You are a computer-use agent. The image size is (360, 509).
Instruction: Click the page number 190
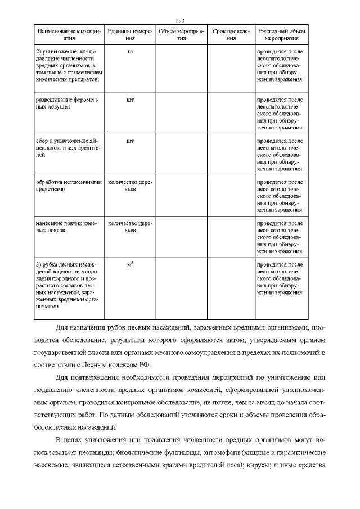[x=180, y=20]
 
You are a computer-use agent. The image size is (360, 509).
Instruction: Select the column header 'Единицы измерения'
[x=130, y=35]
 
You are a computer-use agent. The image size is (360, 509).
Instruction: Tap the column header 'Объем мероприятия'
[x=181, y=35]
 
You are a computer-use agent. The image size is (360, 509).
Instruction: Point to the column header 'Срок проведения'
[x=231, y=35]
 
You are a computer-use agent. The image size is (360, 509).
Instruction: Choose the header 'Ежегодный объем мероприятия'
[x=281, y=35]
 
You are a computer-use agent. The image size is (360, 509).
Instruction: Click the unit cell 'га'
[x=130, y=51]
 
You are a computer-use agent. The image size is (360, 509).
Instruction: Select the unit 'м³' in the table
[x=130, y=263]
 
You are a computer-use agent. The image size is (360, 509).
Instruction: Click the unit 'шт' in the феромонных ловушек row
[x=130, y=99]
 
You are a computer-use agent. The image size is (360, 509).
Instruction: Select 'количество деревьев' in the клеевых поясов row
[x=130, y=227]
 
